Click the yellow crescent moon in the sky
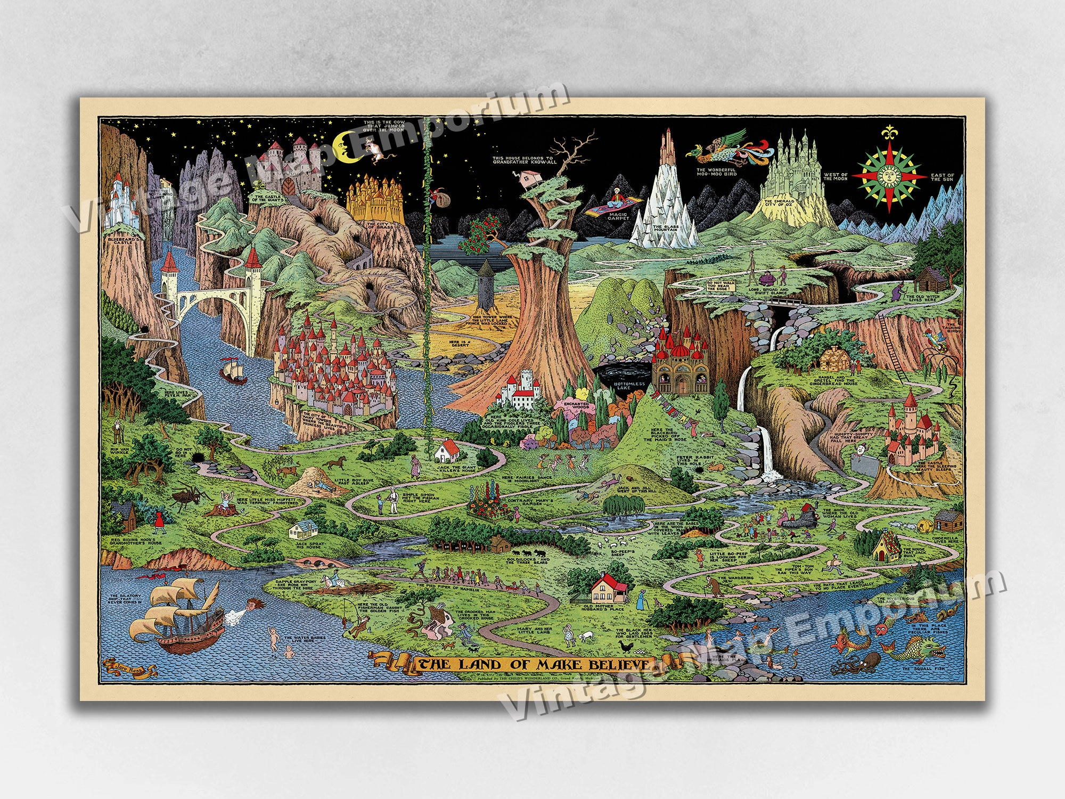coord(343,146)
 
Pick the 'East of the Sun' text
coord(943,177)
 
